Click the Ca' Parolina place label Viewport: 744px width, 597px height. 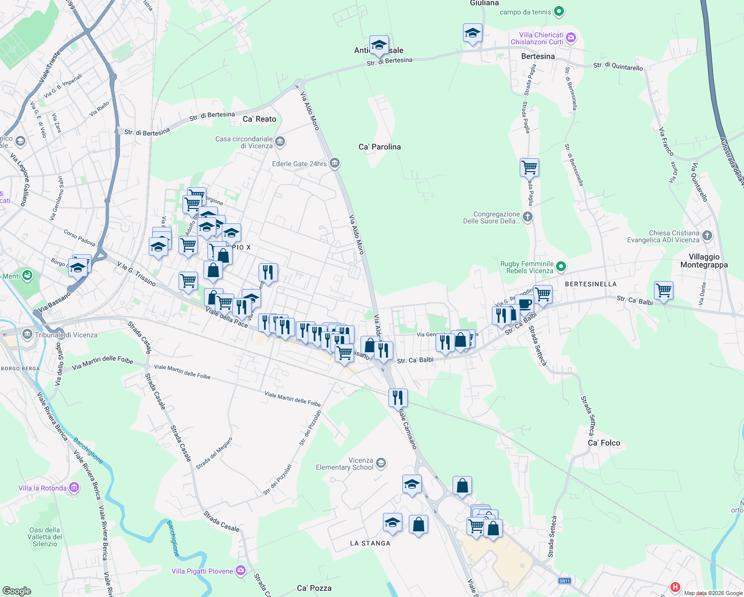tap(379, 147)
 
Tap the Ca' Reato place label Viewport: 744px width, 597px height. tap(259, 119)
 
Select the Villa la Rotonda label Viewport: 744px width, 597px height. tap(42, 488)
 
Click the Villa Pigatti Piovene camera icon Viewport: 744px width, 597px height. tap(241, 571)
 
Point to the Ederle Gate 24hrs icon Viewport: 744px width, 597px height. tap(335, 163)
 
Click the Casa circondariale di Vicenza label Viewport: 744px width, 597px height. tap(244, 142)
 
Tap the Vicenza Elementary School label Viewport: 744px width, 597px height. tap(345, 464)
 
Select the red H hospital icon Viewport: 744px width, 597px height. tap(675, 587)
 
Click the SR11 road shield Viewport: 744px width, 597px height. tap(564, 581)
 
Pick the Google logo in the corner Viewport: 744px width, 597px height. tap(17, 591)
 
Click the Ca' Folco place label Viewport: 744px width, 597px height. tap(604, 443)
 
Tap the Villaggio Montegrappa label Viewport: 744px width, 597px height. tap(704, 261)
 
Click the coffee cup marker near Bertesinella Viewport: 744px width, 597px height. tap(524, 303)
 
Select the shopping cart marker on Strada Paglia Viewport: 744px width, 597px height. tap(529, 168)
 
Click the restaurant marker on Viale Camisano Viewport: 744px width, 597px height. tap(398, 398)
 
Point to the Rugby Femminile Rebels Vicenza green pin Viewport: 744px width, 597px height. tap(561, 267)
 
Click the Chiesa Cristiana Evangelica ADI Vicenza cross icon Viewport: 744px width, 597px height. tap(707, 236)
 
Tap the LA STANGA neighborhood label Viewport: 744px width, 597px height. tap(370, 543)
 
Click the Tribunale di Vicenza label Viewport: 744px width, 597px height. tap(66, 335)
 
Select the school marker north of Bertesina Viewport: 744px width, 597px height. tap(472, 33)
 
